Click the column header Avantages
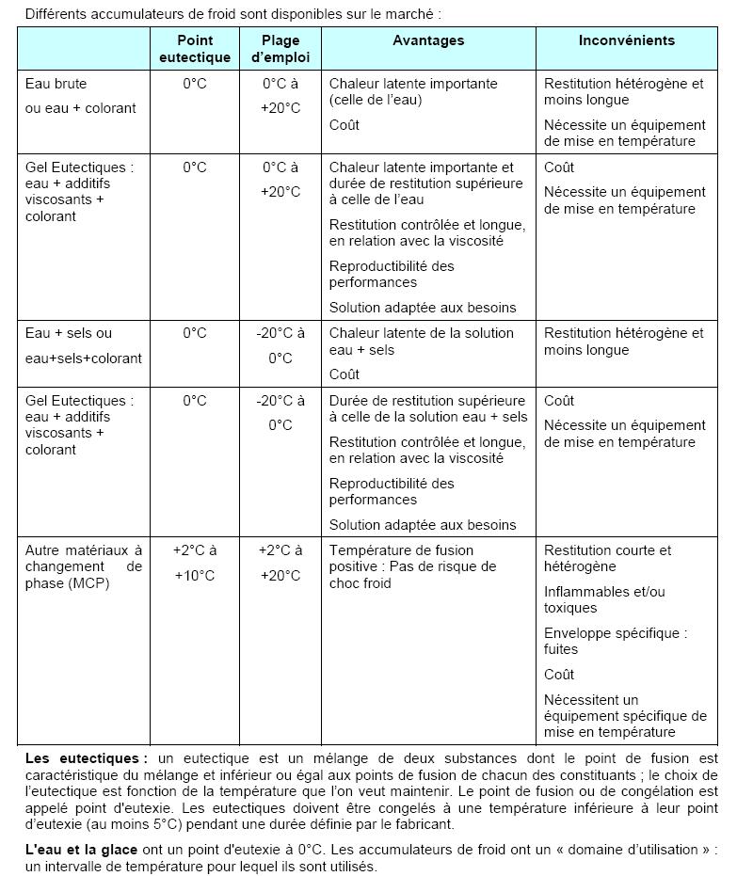(428, 40)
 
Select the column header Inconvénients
(626, 40)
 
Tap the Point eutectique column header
(194, 49)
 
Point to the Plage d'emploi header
(280, 49)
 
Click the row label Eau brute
(56, 84)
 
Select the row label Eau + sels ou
(68, 333)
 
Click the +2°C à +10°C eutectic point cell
(194, 563)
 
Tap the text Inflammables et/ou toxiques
(603, 599)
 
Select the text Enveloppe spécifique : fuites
(615, 641)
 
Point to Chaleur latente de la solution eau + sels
(421, 342)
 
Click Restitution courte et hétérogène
(607, 558)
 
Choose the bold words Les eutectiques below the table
(86, 758)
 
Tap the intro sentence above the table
(232, 14)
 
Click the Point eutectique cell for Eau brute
(194, 84)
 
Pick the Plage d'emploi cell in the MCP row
(280, 563)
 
